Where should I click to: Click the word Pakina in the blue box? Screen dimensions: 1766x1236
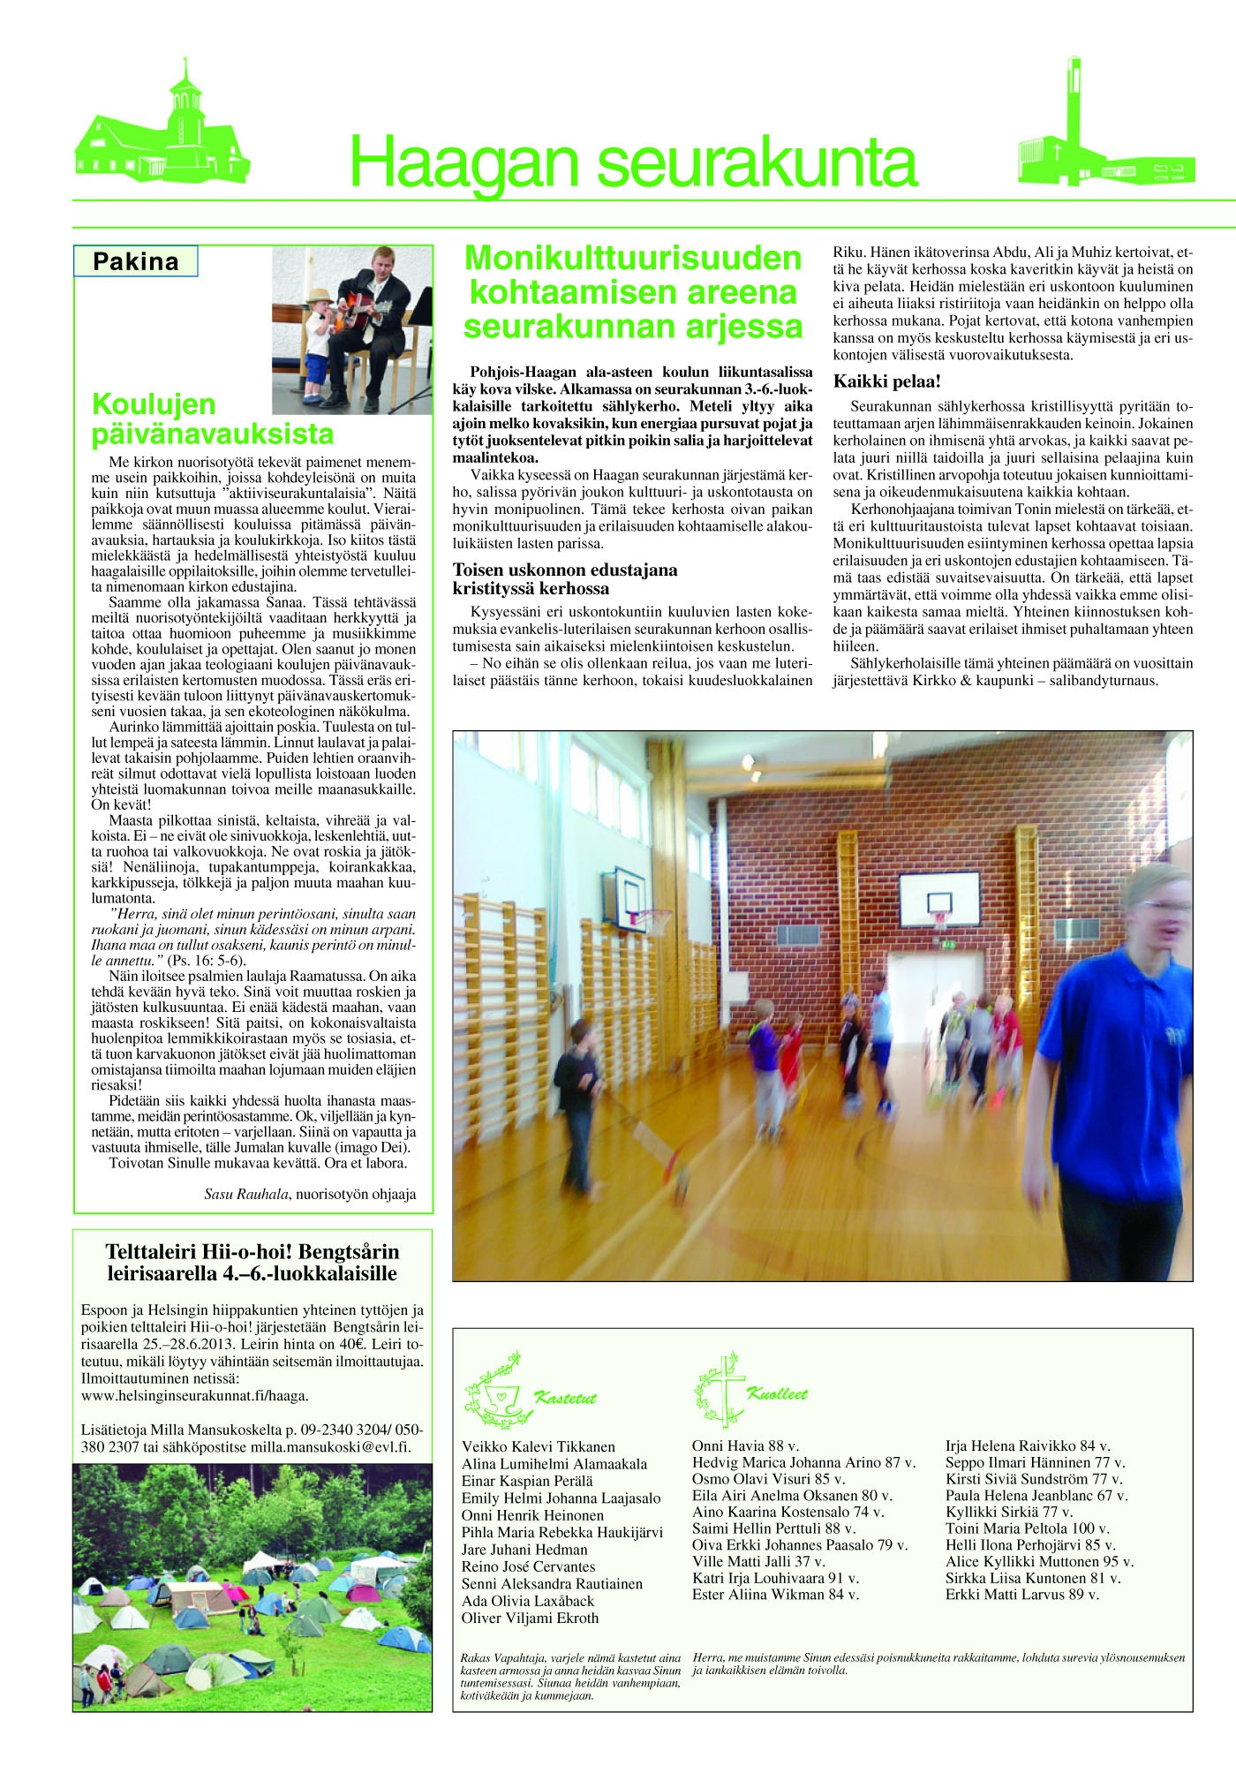tap(135, 261)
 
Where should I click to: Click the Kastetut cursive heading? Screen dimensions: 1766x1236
tap(565, 1398)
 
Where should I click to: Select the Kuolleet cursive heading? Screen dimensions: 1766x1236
tap(777, 1394)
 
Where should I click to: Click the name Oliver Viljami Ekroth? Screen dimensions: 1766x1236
tap(530, 1619)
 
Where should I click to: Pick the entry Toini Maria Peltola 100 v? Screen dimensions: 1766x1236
tap(1027, 1528)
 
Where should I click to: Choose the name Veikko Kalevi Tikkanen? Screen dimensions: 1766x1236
tap(538, 1446)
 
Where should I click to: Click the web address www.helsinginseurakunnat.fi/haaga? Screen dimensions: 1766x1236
tap(194, 1396)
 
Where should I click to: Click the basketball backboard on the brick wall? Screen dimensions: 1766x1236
tap(939, 895)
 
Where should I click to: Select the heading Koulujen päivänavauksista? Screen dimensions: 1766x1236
tap(213, 419)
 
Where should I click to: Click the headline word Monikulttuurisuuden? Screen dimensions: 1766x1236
tap(633, 258)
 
